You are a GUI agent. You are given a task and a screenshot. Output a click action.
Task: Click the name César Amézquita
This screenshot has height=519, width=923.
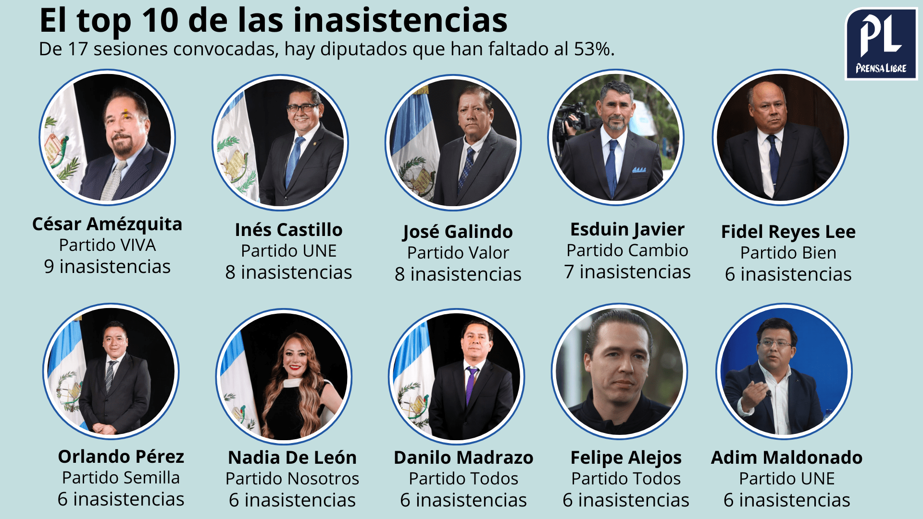[x=107, y=224]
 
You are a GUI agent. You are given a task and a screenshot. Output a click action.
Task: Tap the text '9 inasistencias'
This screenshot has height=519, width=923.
[x=107, y=267]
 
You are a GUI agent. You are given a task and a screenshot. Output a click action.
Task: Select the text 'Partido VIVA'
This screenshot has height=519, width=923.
[x=107, y=245]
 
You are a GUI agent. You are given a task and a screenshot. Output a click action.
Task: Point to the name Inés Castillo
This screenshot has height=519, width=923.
[x=288, y=230]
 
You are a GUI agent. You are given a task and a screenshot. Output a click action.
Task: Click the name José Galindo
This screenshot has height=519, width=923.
[x=458, y=232]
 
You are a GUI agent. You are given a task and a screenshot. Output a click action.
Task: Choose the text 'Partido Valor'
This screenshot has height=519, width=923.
[x=458, y=253]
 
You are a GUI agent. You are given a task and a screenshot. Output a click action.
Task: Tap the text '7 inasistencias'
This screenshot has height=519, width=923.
[x=627, y=272]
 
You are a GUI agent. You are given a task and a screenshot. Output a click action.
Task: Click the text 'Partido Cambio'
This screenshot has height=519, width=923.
[x=627, y=250]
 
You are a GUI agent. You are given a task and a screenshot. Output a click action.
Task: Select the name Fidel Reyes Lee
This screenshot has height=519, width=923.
[x=788, y=232]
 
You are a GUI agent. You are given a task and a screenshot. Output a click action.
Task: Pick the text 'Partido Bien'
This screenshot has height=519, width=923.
[x=788, y=253]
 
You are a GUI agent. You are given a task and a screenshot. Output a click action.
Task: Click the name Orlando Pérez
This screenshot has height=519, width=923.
[x=121, y=457]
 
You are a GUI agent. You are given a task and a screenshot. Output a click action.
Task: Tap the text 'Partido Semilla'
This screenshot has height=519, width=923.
[x=121, y=478]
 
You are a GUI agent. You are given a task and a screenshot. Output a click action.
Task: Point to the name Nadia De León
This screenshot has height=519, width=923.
[x=292, y=457]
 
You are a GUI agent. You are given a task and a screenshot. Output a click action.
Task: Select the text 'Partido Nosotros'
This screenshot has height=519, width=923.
[x=292, y=479]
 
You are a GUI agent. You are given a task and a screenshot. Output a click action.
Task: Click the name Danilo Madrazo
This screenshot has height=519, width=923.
[x=463, y=457]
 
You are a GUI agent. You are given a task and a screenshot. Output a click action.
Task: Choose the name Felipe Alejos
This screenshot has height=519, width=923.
[x=626, y=457]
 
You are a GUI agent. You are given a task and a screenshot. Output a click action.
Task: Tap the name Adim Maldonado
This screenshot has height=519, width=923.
[x=786, y=457]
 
